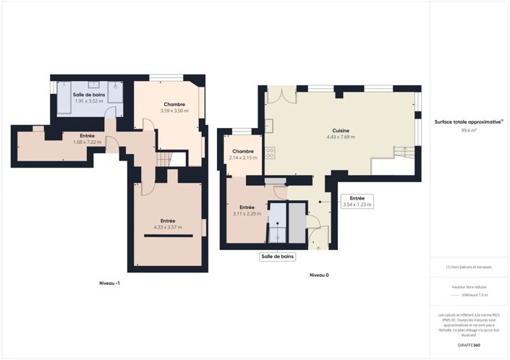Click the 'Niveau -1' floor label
pos(109,282)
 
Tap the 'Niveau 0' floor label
pos(319,275)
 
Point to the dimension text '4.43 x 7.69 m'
pos(341,137)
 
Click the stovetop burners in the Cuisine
pos(270,153)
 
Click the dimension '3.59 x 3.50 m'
pos(174,111)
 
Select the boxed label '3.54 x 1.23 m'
pos(357,205)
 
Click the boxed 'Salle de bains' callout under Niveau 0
pos(278,257)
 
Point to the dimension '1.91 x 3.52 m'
pos(88,101)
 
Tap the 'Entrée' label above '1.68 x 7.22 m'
pos(88,135)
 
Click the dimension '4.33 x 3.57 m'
pos(167,227)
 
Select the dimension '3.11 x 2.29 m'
pos(247,213)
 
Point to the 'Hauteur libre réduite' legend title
pos(469,287)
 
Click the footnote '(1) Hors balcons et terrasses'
pos(469,267)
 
